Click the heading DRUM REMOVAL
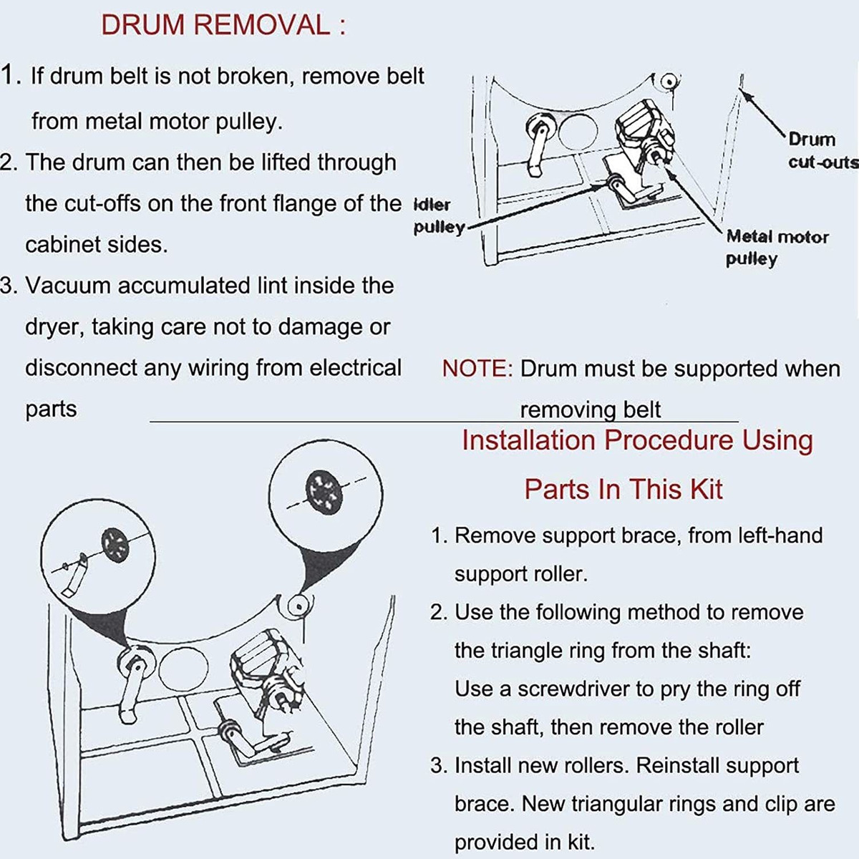[223, 25]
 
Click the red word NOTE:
[477, 369]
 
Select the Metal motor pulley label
[777, 247]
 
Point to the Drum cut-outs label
[822, 150]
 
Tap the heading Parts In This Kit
[623, 490]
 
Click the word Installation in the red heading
[528, 440]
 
